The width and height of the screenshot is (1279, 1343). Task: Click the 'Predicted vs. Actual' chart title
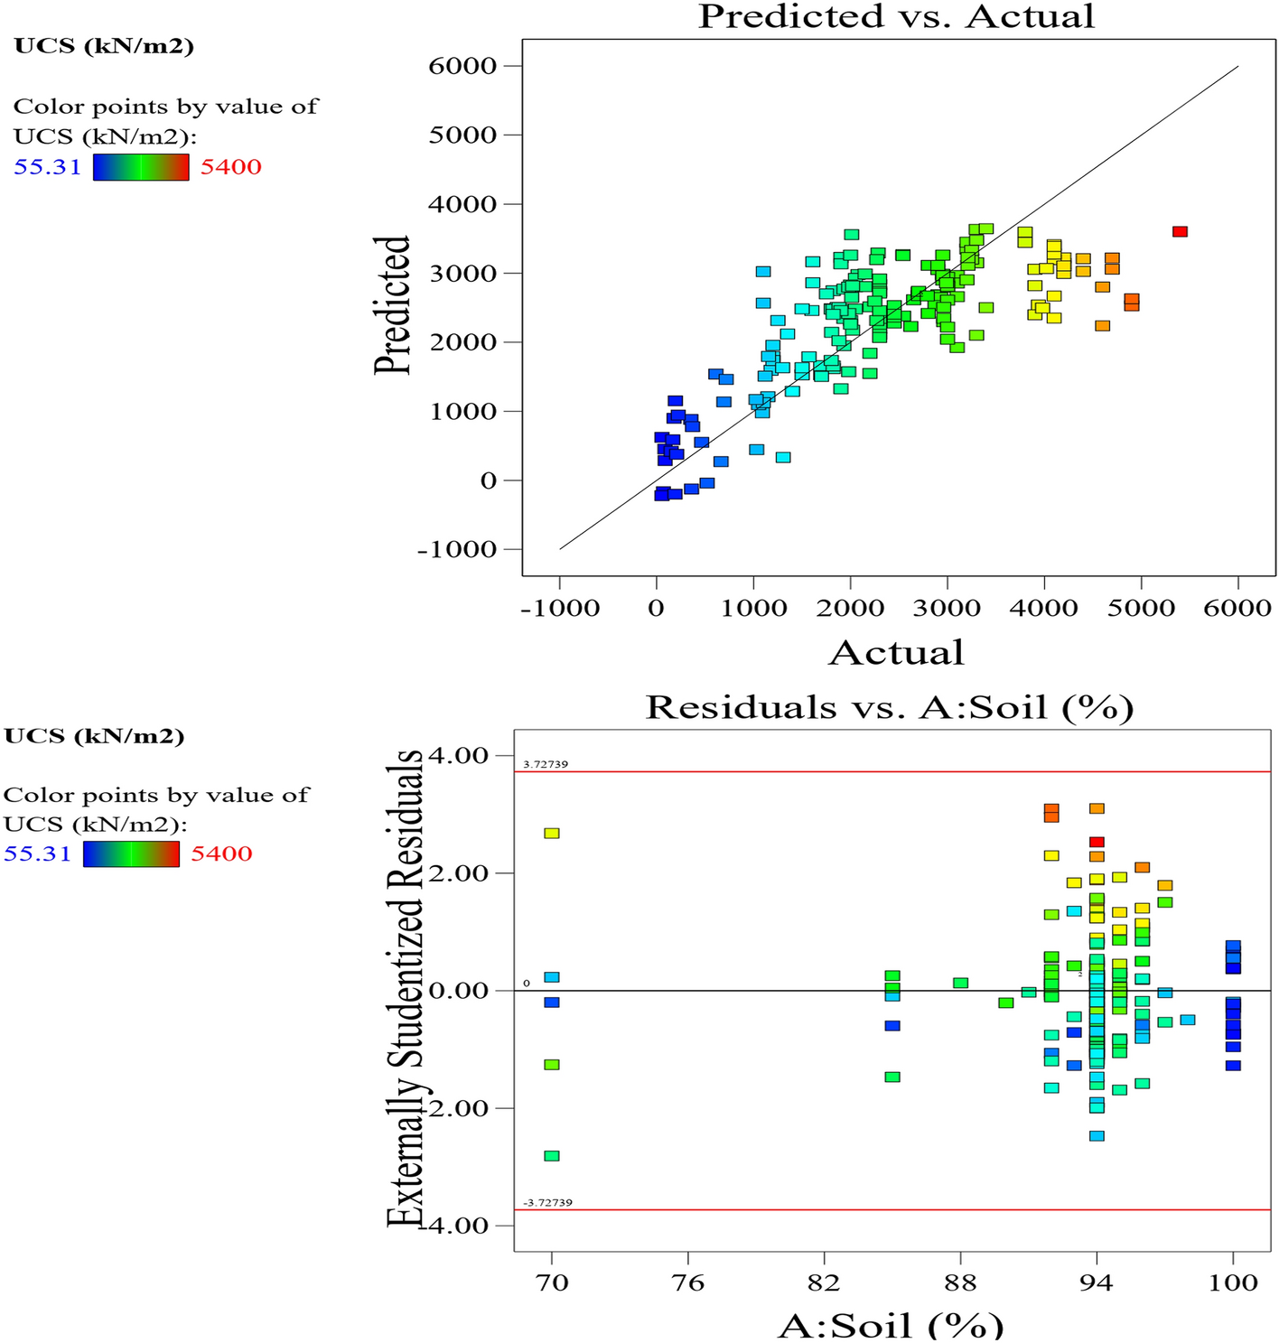click(896, 16)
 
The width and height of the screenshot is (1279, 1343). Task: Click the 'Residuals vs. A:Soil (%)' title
click(890, 707)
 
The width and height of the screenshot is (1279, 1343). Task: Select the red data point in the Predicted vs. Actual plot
click(1180, 232)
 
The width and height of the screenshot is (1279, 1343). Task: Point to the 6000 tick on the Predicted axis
click(462, 66)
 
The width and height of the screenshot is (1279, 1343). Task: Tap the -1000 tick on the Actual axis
click(560, 608)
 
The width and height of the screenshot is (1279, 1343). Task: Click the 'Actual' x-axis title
click(896, 653)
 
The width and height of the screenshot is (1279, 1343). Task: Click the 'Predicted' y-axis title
click(393, 305)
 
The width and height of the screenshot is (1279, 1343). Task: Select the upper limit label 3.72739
click(546, 764)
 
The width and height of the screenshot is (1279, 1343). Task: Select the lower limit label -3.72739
click(547, 1203)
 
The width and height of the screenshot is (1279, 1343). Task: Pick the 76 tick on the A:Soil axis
click(688, 1282)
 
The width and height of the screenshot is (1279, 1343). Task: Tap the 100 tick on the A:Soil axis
click(1233, 1282)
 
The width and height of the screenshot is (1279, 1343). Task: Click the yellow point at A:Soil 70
click(552, 833)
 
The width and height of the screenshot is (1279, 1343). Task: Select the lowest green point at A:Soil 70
click(552, 1156)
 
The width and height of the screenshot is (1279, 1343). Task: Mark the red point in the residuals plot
click(1097, 842)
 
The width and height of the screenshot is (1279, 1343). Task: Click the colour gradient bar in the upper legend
click(141, 167)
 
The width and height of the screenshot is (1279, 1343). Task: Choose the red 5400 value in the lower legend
click(221, 853)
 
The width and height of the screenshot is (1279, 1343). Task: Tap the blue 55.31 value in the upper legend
click(47, 167)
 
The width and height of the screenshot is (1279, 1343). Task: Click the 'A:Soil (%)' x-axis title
click(890, 1325)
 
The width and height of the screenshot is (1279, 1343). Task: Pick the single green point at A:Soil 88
click(960, 983)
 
